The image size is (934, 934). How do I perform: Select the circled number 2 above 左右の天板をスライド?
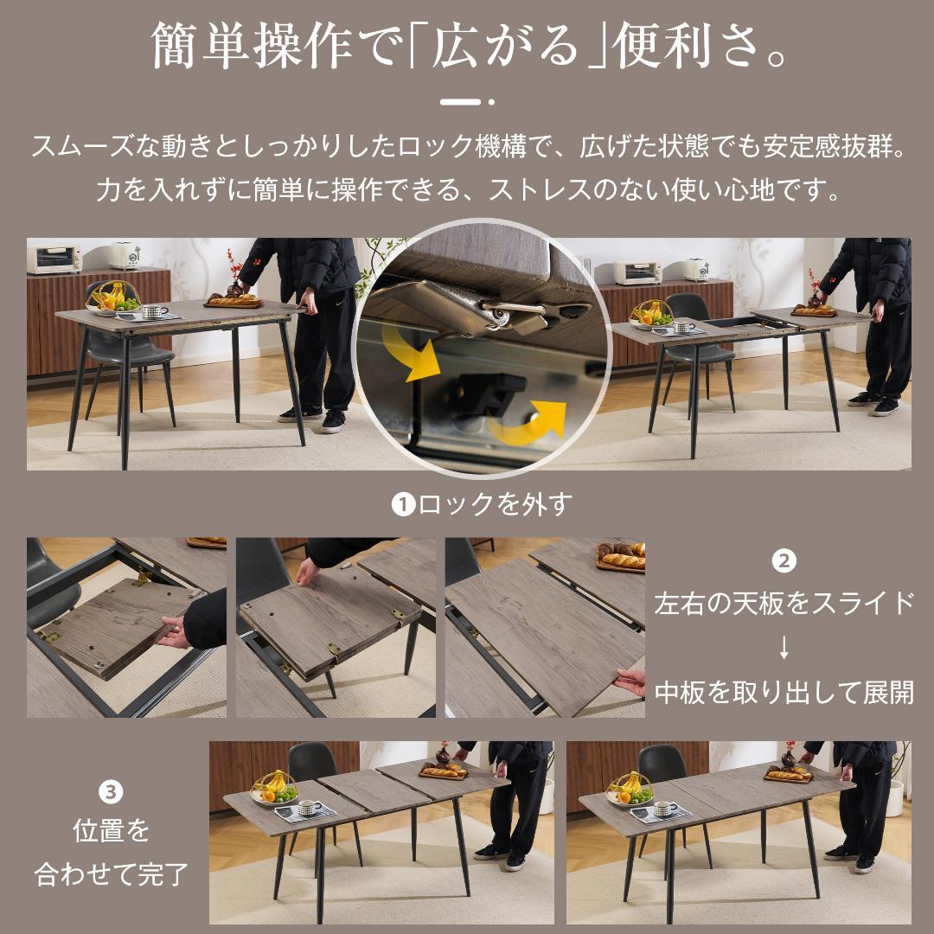(x=784, y=562)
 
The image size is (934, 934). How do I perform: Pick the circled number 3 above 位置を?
(x=111, y=791)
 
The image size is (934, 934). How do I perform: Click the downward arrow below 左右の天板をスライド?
(x=784, y=647)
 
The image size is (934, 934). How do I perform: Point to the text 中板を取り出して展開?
(x=784, y=692)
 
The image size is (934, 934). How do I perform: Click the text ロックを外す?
(x=495, y=504)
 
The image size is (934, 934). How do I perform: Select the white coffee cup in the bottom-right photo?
(x=664, y=808)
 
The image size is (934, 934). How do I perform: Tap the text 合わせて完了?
(x=111, y=873)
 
